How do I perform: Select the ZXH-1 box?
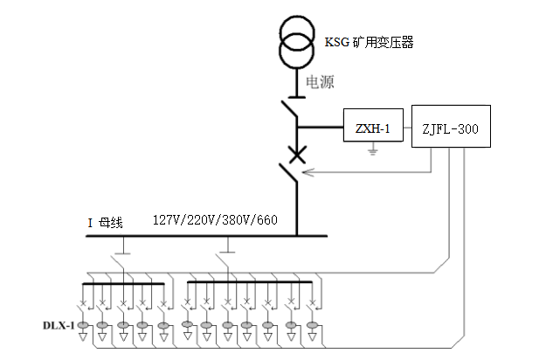tap(372, 129)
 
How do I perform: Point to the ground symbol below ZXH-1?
tap(373, 152)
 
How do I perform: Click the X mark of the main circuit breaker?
tap(297, 156)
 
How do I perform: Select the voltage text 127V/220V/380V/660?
tap(215, 219)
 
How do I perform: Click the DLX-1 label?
tap(59, 325)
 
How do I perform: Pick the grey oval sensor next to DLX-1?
tap(84, 325)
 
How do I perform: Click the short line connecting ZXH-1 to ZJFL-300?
tap(406, 129)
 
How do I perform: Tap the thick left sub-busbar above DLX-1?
tap(123, 284)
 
